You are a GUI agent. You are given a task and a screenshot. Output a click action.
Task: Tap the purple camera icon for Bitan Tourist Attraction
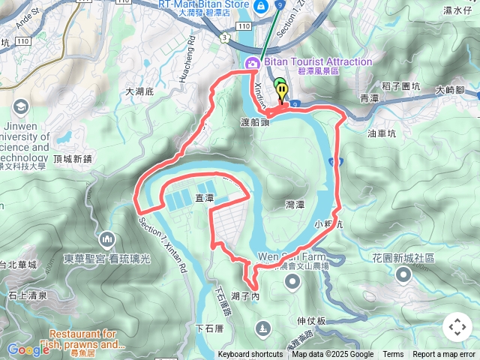251,63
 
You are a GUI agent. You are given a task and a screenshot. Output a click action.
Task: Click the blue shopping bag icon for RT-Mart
260,7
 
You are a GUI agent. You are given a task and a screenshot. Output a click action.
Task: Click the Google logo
28,349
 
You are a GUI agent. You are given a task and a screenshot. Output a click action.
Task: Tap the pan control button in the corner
457,327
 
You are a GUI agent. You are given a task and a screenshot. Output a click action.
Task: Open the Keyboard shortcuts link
250,355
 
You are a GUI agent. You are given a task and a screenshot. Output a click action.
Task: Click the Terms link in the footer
393,355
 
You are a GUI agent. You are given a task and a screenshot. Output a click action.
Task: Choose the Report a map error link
445,355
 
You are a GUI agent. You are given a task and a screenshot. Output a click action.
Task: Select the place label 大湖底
139,91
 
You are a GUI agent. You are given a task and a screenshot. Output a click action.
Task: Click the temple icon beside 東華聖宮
106,240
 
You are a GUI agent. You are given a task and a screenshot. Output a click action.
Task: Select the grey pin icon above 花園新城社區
403,275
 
